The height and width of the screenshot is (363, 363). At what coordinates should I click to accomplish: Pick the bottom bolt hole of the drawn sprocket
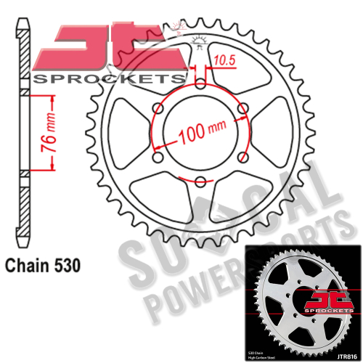point(200,181)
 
